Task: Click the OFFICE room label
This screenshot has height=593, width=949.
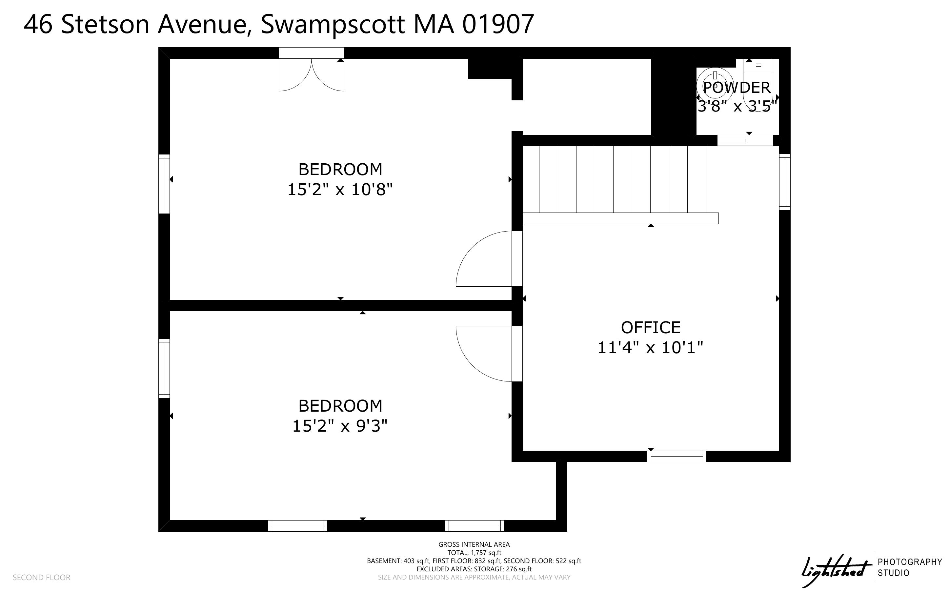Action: point(650,327)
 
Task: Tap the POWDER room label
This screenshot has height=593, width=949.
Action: point(737,88)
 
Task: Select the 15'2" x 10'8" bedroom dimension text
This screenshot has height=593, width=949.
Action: point(340,190)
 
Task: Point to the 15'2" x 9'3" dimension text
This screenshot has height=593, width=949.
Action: point(340,426)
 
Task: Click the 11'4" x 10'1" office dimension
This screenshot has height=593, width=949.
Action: point(650,347)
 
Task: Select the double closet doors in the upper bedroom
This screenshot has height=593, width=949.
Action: point(311,74)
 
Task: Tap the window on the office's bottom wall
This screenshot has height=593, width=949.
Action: point(676,456)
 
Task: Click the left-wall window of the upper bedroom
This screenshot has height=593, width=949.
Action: point(164,184)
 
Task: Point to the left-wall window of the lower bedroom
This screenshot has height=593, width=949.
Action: point(164,368)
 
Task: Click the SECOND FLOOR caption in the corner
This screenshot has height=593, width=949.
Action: point(42,577)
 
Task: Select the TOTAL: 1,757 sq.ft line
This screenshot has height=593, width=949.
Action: point(474,553)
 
